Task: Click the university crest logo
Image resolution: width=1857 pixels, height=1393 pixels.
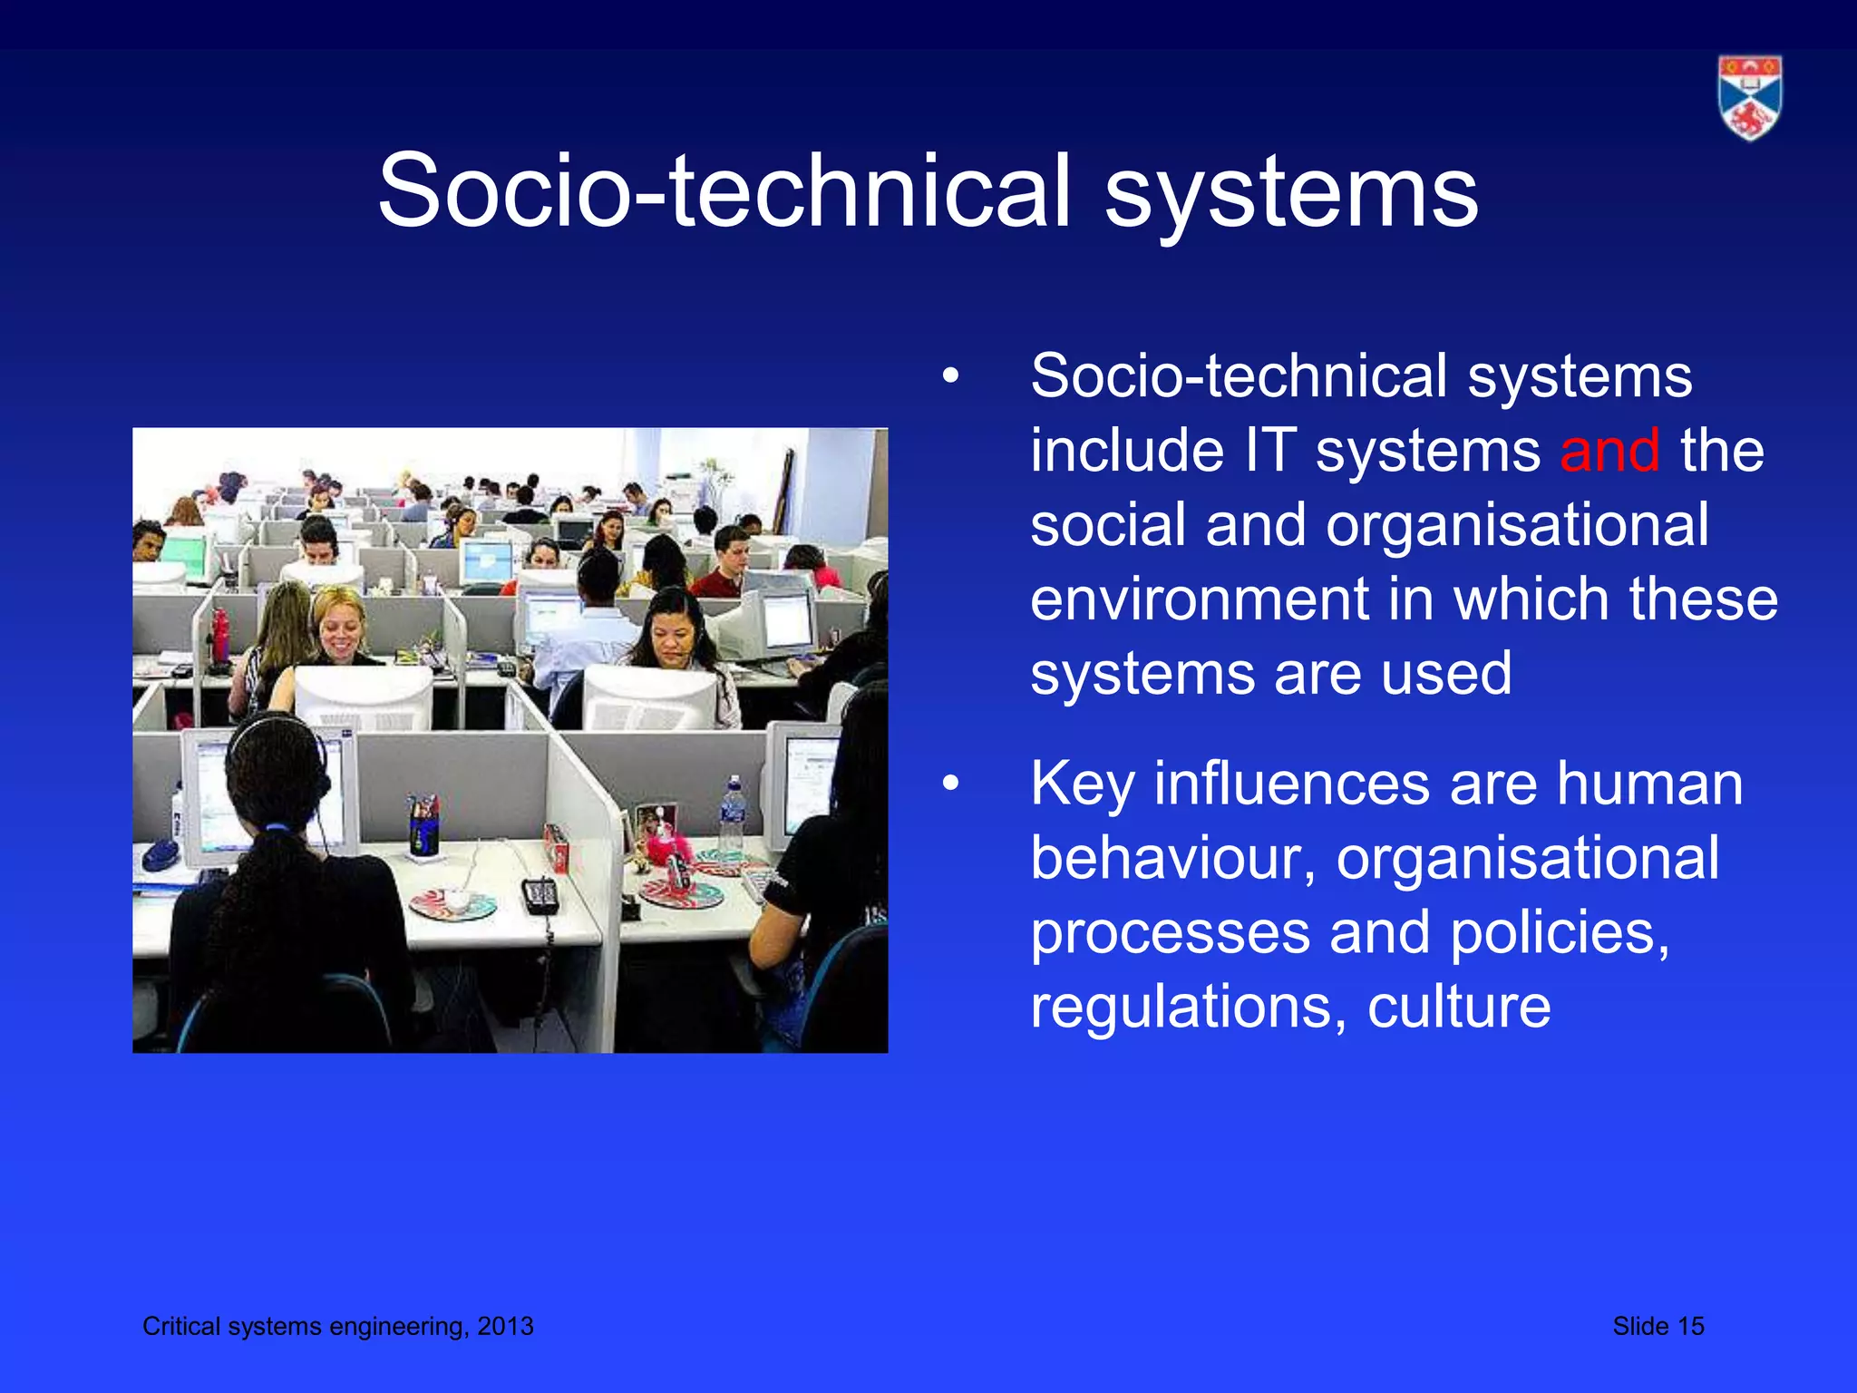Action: (1749, 98)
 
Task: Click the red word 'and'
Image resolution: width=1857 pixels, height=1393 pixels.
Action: (1609, 450)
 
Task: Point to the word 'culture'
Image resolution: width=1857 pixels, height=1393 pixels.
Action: (1459, 1007)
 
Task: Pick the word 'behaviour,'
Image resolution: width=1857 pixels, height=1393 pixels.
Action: (1173, 858)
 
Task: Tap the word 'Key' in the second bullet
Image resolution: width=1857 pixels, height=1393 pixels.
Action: (1082, 784)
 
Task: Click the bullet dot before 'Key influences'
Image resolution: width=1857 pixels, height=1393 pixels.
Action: (949, 784)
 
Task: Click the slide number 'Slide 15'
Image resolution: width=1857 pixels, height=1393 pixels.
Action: (1658, 1326)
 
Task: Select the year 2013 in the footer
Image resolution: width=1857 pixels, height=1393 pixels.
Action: (505, 1326)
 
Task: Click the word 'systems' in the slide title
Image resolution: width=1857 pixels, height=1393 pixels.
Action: (1291, 191)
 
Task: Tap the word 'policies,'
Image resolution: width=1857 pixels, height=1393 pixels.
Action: (1560, 932)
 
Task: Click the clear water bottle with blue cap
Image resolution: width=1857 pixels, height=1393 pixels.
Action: (732, 815)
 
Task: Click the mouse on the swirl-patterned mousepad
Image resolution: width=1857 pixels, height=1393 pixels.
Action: (456, 901)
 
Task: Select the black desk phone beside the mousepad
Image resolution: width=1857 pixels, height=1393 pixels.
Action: (540, 896)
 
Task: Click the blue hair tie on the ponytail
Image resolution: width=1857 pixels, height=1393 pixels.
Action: (277, 827)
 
